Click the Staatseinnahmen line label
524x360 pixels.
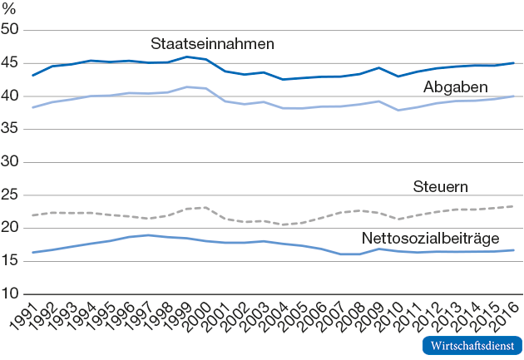pos(213,43)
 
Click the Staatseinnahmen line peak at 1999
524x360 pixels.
pos(187,57)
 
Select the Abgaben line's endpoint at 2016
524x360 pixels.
pos(512,96)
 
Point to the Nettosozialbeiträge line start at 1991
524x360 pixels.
pos(32,252)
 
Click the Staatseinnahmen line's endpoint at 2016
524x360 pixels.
pos(512,63)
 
